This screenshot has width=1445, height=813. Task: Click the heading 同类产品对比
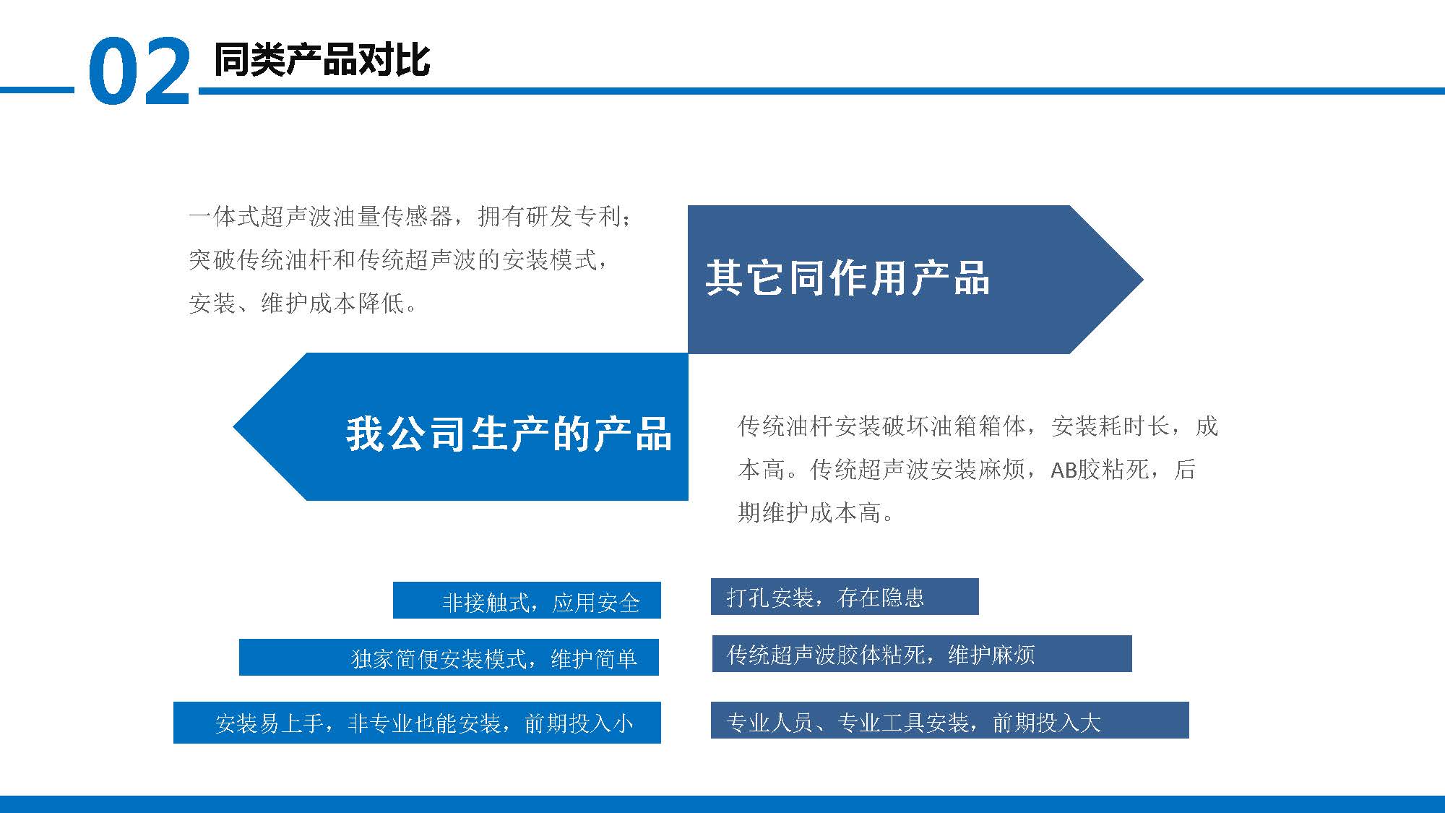[322, 59]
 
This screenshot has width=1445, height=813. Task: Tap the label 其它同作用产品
[847, 278]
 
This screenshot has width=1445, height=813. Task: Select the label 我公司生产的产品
[509, 434]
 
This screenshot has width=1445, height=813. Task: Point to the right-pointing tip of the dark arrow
[1143, 280]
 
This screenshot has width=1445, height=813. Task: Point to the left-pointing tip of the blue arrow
[233, 426]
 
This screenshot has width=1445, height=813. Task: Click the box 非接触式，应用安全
[527, 600]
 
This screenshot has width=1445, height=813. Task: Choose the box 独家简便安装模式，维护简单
[449, 657]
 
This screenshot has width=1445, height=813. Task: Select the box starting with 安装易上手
[417, 722]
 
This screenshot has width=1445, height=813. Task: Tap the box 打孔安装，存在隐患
[845, 596]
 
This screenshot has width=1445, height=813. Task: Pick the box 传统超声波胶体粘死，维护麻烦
[922, 653]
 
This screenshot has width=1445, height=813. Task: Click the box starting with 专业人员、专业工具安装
[950, 720]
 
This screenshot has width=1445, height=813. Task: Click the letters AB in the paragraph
[1064, 470]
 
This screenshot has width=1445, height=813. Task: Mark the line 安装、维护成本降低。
[303, 303]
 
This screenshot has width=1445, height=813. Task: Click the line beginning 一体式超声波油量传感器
[410, 216]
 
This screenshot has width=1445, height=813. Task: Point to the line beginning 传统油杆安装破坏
[978, 426]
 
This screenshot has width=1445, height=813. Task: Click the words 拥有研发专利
[549, 216]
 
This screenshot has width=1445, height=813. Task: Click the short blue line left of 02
[37, 90]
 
